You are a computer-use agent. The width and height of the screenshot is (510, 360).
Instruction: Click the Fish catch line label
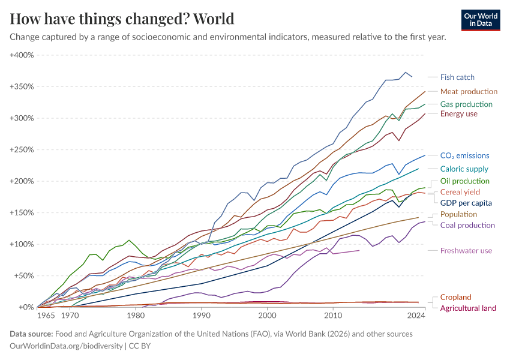457,77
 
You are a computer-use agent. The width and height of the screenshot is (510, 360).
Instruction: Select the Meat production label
469,92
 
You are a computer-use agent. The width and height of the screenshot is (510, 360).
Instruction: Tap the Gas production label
466,104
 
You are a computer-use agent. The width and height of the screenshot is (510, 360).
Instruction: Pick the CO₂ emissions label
464,155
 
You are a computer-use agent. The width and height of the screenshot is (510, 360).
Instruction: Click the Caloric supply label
464,169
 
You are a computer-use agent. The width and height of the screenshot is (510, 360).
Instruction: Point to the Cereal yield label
460,192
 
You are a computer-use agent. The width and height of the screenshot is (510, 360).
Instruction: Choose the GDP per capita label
466,203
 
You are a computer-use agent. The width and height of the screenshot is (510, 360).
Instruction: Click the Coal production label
467,225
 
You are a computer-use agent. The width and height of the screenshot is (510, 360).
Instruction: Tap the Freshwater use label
466,250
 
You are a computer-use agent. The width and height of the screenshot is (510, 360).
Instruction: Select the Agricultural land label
468,308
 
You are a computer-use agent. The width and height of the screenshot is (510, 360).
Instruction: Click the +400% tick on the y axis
22,55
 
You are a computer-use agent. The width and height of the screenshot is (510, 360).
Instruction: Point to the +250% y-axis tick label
22,149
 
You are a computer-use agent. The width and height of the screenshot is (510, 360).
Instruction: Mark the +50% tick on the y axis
23,276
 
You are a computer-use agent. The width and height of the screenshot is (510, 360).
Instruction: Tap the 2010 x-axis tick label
332,315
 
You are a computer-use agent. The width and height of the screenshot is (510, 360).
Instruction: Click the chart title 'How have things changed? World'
122,19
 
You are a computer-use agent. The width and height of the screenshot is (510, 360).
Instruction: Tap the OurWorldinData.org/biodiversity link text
67,346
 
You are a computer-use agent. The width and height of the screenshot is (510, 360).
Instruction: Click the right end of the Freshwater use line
359,250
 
